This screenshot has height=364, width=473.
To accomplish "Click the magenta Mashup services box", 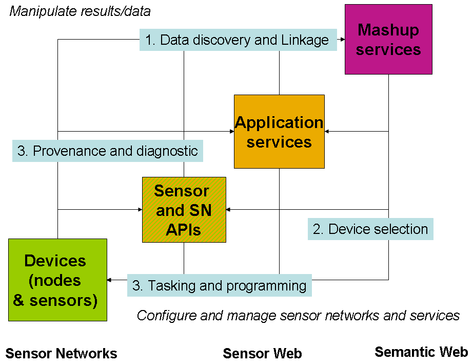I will click(388, 40).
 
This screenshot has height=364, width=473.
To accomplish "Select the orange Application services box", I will click(279, 132).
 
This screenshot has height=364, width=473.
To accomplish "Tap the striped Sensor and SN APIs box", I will click(184, 210).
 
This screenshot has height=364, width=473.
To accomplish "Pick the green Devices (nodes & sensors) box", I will click(57, 280).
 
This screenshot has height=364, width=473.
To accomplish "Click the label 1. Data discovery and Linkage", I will click(238, 40).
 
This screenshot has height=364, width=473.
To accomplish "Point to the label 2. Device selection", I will click(370, 229).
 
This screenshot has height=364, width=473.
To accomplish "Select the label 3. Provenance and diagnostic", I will click(108, 151).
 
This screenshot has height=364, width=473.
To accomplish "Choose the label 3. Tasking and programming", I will click(219, 285).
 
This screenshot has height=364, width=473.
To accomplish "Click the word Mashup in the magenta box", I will click(388, 30).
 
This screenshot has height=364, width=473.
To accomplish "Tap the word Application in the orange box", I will click(279, 122).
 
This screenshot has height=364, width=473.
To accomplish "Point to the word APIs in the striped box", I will click(184, 230).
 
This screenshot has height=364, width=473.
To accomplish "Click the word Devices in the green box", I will click(55, 261).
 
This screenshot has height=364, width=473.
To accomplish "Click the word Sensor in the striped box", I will click(182, 191).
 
